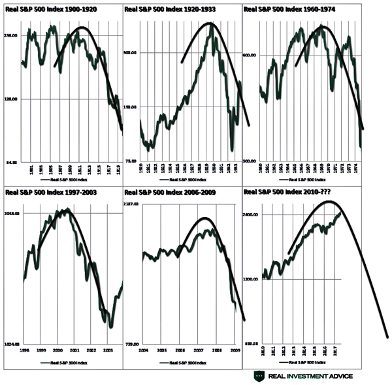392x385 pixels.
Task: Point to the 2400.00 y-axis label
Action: (x=252, y=215)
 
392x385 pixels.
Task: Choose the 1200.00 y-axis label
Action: (x=252, y=279)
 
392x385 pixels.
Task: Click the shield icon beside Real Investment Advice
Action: (x=260, y=375)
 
